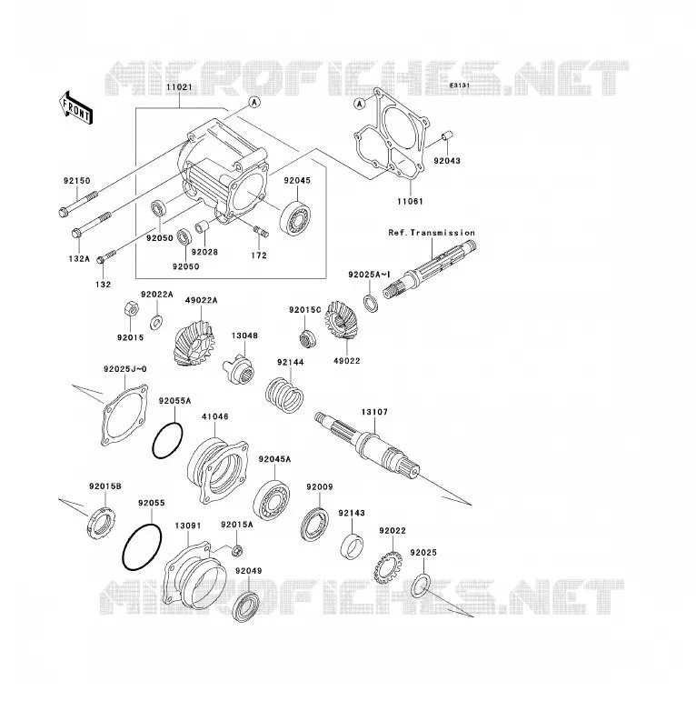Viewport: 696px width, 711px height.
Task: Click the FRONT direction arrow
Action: [x=75, y=107]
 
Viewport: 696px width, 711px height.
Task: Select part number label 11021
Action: [x=179, y=87]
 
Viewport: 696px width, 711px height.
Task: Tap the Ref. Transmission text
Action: [x=432, y=233]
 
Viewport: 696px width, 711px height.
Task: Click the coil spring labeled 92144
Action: [x=284, y=395]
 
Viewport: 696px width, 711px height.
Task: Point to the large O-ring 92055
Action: [x=142, y=546]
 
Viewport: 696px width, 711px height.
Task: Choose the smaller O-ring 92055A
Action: [x=168, y=440]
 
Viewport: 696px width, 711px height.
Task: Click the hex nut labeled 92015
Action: [x=131, y=309]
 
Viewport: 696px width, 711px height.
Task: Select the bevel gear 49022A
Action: [x=194, y=344]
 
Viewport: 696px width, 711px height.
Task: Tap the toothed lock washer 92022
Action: [x=388, y=566]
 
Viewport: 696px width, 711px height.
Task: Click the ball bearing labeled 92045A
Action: [x=272, y=499]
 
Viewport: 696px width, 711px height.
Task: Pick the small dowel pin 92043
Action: [x=447, y=135]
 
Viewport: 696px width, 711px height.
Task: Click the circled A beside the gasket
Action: [x=359, y=104]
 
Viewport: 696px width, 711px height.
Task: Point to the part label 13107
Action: [x=374, y=412]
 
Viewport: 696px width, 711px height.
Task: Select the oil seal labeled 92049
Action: [x=246, y=606]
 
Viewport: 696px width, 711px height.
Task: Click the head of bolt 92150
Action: [x=64, y=211]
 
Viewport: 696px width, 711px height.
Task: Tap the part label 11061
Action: [x=410, y=201]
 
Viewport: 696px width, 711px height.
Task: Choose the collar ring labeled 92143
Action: [x=352, y=546]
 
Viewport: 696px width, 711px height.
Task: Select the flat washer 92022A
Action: [x=157, y=323]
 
